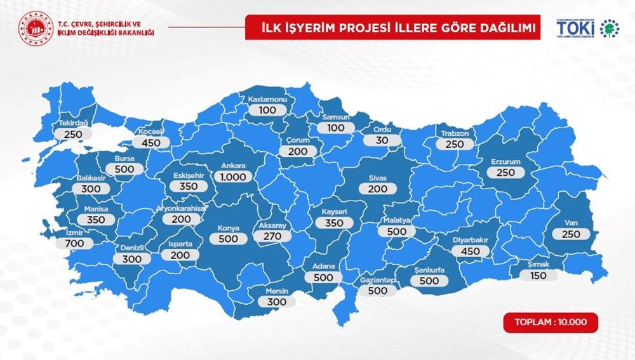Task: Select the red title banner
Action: point(393,28)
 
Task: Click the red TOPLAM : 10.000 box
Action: point(551,322)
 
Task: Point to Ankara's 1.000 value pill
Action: point(233,177)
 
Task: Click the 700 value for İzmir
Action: point(74,244)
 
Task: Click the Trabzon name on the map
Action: point(455,133)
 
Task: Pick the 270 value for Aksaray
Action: point(272,236)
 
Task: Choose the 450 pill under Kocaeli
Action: point(151,143)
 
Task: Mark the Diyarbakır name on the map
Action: point(471,240)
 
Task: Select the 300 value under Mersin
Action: point(277,302)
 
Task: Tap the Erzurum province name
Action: point(505,162)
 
